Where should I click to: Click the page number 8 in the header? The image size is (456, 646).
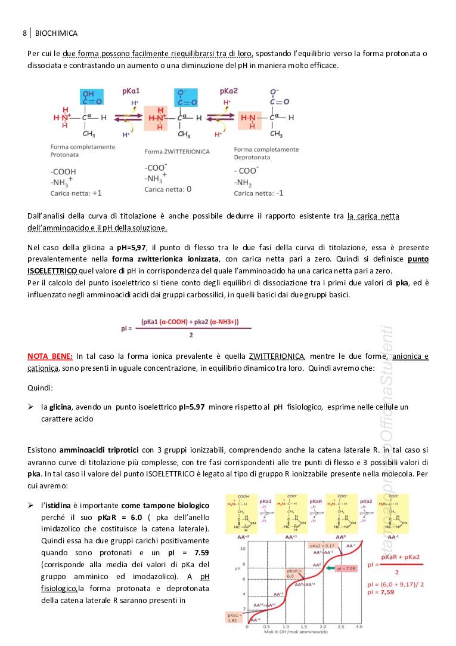24,33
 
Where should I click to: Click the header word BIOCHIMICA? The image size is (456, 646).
57,33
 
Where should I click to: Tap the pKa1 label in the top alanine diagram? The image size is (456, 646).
131,91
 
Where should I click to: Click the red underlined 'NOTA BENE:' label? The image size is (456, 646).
50,356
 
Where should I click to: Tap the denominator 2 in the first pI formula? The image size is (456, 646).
191,335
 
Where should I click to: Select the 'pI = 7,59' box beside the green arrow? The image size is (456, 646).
346,568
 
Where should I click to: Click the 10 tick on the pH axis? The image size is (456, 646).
243,548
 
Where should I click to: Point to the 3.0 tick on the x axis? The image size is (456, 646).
359,626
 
